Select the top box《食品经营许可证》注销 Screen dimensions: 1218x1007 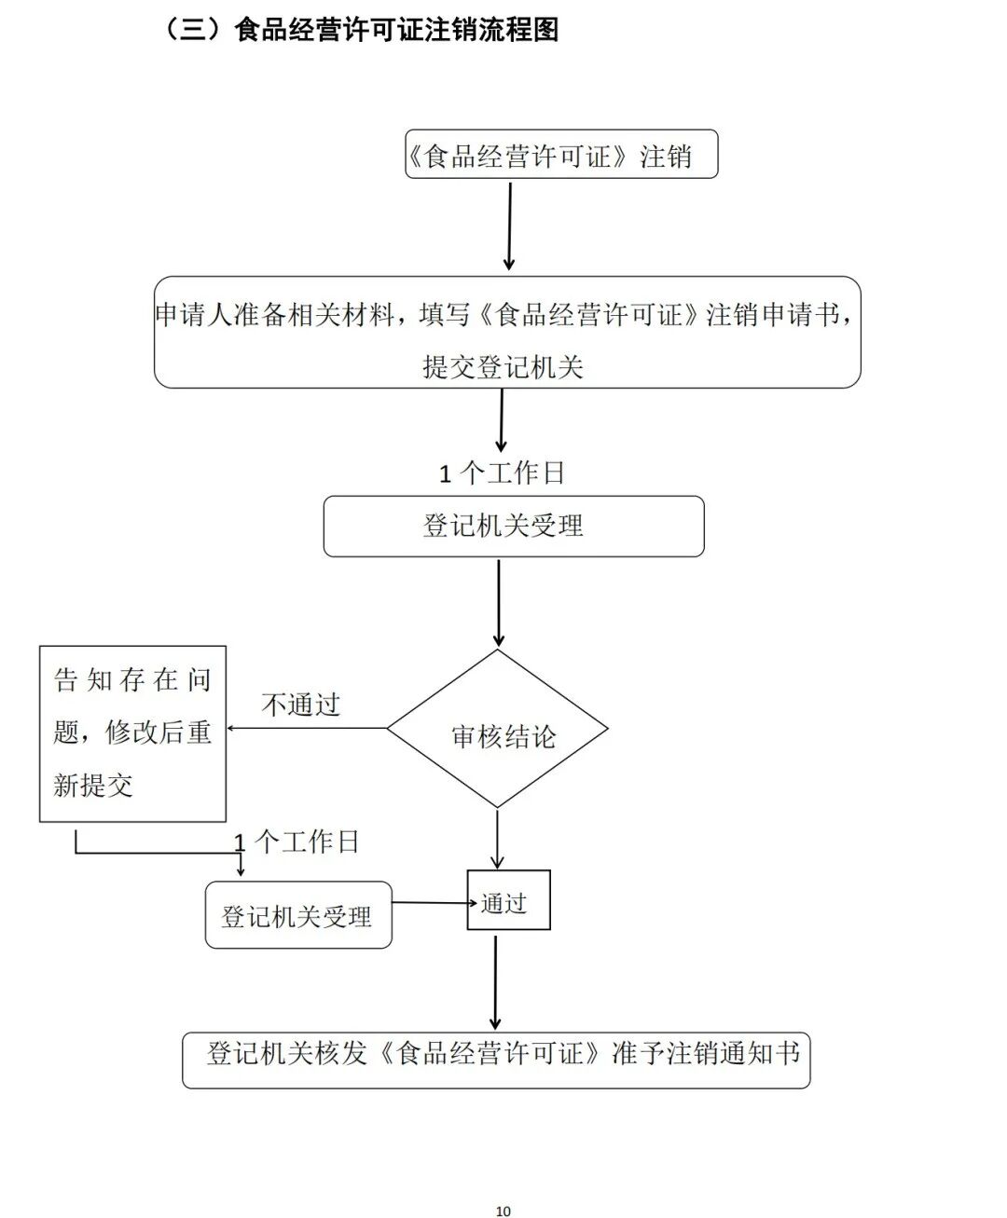click(560, 155)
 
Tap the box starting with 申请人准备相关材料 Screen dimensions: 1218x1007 click(506, 332)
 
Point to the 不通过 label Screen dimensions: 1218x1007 click(300, 705)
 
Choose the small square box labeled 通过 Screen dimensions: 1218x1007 click(508, 900)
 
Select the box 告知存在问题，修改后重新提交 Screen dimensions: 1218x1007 click(132, 733)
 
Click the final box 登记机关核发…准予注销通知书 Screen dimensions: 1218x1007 click(496, 1060)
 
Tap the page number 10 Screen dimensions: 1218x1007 click(504, 1211)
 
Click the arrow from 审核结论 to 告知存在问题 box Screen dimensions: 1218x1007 click(308, 728)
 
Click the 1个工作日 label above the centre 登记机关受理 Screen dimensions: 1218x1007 click(502, 473)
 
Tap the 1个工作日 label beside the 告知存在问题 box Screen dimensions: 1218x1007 click(297, 842)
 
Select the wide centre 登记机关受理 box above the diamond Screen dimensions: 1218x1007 click(513, 527)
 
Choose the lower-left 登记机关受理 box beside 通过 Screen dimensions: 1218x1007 click(297, 915)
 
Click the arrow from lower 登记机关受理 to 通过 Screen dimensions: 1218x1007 click(430, 902)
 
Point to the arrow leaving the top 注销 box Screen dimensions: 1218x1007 click(509, 226)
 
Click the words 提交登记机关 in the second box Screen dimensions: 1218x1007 click(503, 367)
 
